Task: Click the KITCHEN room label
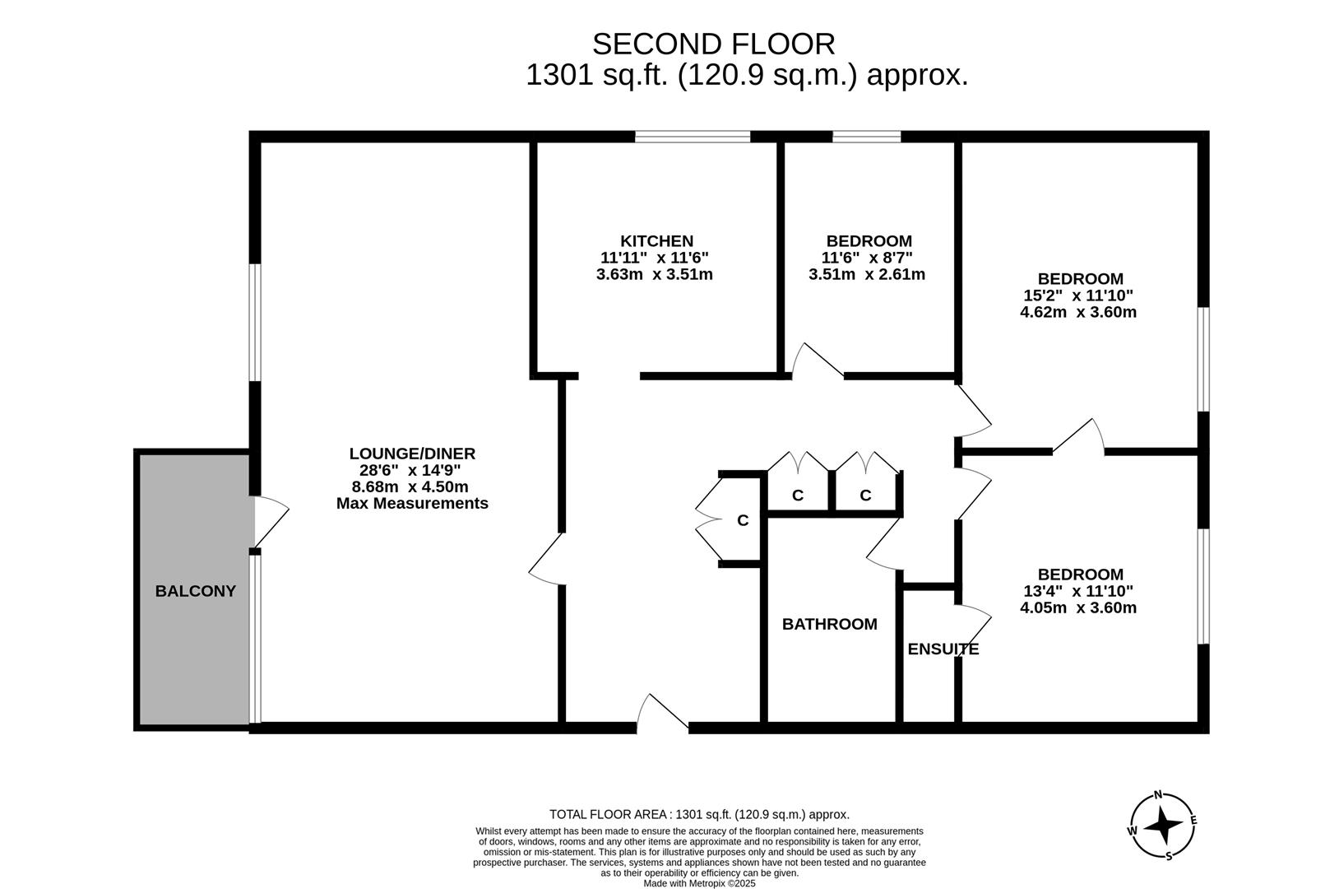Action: [x=656, y=241]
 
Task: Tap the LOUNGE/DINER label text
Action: [x=412, y=454]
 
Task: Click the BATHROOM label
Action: [x=829, y=624]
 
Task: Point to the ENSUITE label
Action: [x=943, y=649]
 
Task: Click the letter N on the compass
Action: [x=1158, y=795]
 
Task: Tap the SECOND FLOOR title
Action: [x=713, y=44]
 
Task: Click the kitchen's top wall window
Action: [x=693, y=137]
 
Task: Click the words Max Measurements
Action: [x=412, y=503]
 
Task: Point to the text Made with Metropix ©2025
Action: [x=699, y=883]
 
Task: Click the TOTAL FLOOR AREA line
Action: [x=699, y=815]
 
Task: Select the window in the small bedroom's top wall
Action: [x=866, y=137]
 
